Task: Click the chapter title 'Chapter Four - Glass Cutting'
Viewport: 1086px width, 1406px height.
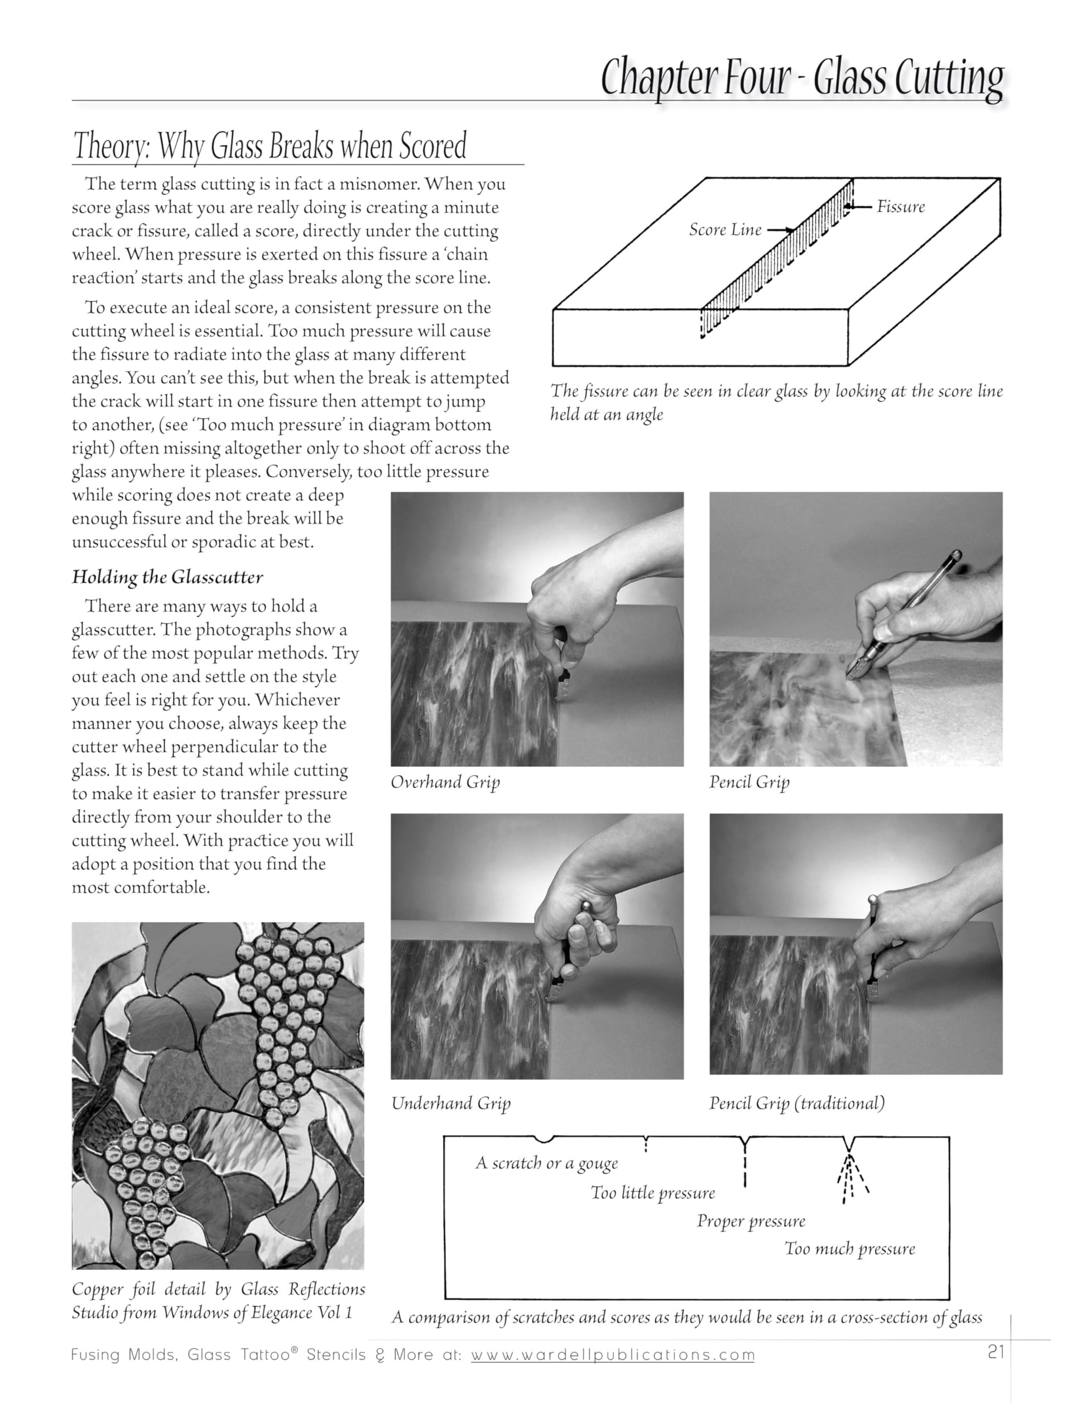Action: [x=801, y=79]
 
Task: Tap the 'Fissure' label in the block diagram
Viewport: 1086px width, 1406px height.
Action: [x=900, y=207]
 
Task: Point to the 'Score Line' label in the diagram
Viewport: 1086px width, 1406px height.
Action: [x=725, y=230]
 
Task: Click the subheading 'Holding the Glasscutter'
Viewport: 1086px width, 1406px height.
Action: [x=167, y=577]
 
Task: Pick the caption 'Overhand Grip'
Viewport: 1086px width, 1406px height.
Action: [x=445, y=782]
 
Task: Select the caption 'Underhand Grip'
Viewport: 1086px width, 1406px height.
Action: [x=450, y=1103]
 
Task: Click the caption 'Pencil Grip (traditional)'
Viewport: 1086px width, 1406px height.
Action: [x=796, y=1103]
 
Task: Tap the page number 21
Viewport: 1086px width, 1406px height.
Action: [x=995, y=1352]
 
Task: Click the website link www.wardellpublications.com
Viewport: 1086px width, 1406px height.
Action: [x=612, y=1355]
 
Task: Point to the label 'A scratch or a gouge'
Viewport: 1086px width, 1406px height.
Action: [x=546, y=1163]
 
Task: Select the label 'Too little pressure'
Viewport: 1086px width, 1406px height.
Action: [x=653, y=1193]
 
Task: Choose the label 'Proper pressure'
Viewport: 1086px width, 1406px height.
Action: [x=751, y=1221]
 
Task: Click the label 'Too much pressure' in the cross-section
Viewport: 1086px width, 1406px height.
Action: [x=849, y=1249]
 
